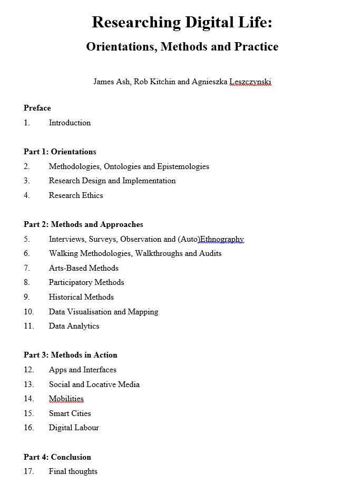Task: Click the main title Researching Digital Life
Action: point(182,23)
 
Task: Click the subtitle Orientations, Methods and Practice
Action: point(182,47)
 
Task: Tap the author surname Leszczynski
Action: point(250,82)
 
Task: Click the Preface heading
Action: point(37,108)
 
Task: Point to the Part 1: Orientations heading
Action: point(60,152)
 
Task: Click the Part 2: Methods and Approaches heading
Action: point(83,224)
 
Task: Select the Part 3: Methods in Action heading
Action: point(71,355)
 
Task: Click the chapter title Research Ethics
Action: point(76,195)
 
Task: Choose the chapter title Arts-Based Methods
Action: point(84,268)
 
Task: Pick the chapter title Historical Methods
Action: point(81,297)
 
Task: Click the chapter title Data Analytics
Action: point(74,326)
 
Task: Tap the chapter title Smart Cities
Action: point(70,413)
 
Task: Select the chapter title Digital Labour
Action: point(74,428)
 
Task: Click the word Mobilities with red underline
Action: point(66,399)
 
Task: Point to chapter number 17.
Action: point(28,471)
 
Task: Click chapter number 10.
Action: point(28,312)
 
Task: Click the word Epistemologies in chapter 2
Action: point(183,166)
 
